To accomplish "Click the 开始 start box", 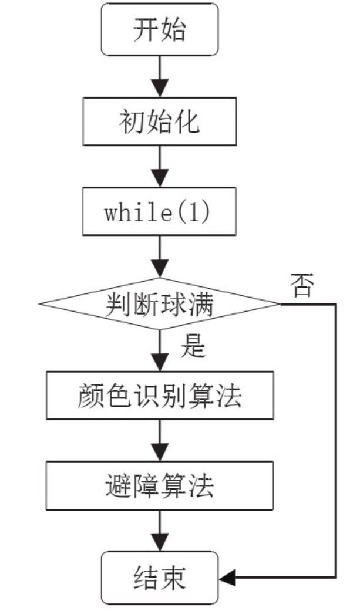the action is click(160, 29).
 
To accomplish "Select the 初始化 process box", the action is click(160, 121).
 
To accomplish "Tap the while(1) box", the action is click(160, 211).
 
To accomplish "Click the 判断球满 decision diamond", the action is click(160, 304).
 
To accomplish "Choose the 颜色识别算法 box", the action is click(160, 395).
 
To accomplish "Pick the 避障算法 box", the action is click(160, 485).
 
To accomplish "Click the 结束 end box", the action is click(160, 578).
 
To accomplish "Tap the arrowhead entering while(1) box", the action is click(160, 178).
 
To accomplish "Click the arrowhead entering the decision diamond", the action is click(160, 268).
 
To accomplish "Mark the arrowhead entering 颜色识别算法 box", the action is click(160, 362).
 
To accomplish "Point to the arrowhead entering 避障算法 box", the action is click(160, 453).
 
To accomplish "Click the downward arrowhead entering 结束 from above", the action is click(160, 542).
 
